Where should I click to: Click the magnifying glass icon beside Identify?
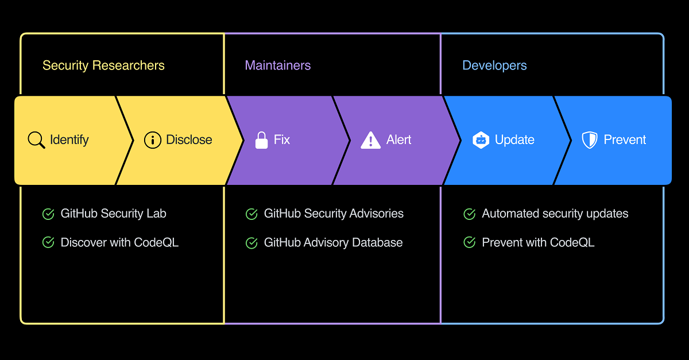pos(36,140)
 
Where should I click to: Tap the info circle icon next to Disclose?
pos(153,140)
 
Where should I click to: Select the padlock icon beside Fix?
pos(261,140)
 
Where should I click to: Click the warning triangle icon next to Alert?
pos(371,140)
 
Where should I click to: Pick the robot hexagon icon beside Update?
pos(481,140)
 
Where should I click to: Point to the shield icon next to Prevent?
pos(590,140)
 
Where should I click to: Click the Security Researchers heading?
pos(103,65)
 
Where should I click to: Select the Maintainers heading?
pos(278,65)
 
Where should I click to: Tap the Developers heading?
pos(494,65)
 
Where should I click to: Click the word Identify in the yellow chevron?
pos(69,140)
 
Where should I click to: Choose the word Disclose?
pos(189,140)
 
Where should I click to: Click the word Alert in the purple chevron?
pos(398,140)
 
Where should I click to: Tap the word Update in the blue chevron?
pos(514,140)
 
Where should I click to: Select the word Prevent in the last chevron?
pos(625,140)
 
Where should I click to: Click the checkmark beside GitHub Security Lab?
pos(48,214)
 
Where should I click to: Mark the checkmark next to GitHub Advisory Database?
pos(251,243)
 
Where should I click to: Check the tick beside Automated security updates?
pos(470,214)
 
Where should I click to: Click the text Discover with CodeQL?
pos(119,242)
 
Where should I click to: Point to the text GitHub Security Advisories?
pos(334,214)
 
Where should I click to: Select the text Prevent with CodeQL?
pos(539,242)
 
